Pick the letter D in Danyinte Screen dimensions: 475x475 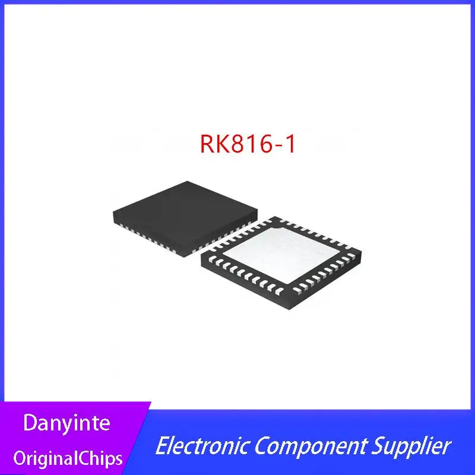pos(28,424)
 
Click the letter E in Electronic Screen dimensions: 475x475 pos(160,446)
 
